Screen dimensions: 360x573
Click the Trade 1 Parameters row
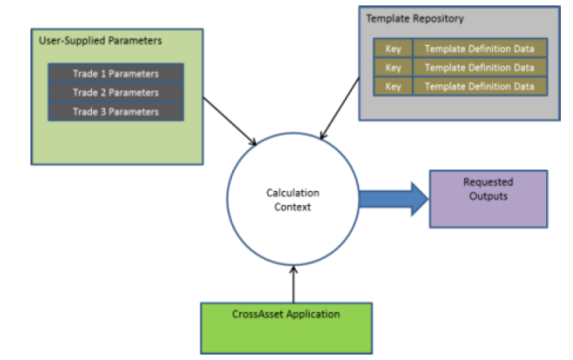[116, 73]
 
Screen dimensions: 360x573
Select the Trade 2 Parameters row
[116, 92]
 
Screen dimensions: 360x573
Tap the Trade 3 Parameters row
[116, 112]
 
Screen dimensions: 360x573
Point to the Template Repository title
[415, 18]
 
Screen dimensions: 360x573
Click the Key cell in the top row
[393, 49]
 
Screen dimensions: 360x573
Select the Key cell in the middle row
[393, 68]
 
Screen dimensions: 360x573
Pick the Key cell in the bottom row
[393, 87]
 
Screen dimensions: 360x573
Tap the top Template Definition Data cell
[479, 49]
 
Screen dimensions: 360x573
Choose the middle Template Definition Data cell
[479, 68]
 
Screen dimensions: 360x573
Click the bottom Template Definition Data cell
[479, 87]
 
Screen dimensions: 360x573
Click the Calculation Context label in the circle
[292, 200]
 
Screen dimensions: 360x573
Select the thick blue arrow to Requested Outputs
[392, 198]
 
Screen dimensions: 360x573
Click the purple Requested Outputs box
[488, 199]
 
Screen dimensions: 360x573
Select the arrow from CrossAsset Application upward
[293, 284]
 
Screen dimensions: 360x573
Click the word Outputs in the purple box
[488, 197]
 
